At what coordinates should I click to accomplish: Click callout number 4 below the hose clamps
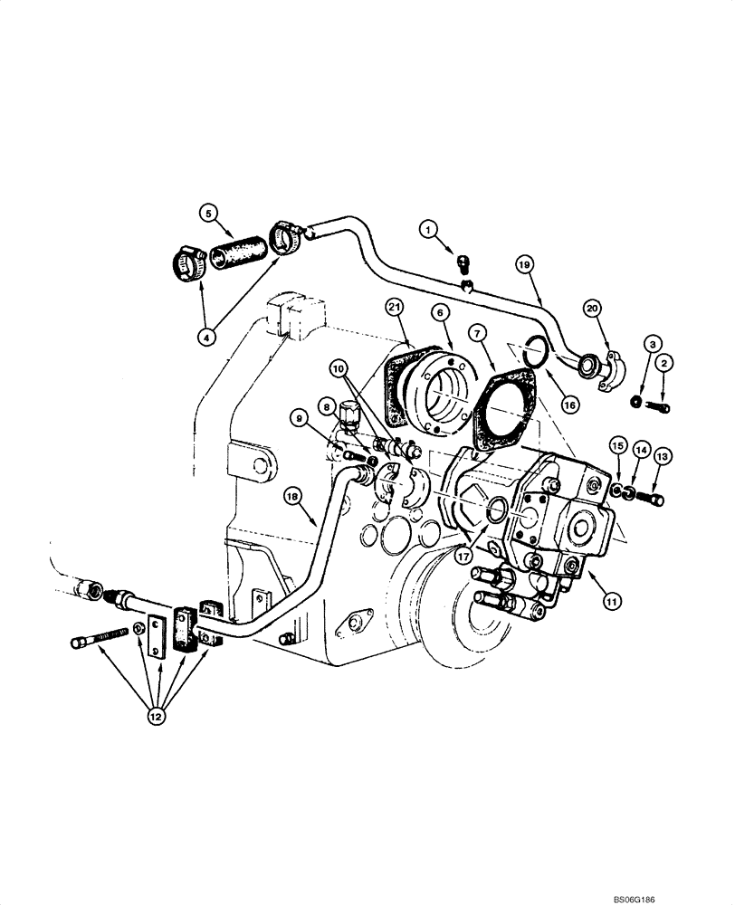point(208,336)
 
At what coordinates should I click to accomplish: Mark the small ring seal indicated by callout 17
point(496,514)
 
